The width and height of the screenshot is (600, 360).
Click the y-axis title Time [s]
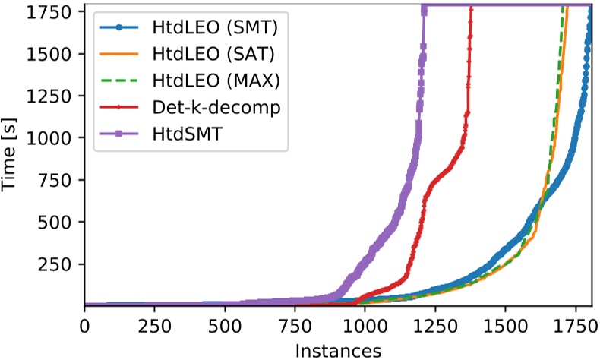coord(11,158)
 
